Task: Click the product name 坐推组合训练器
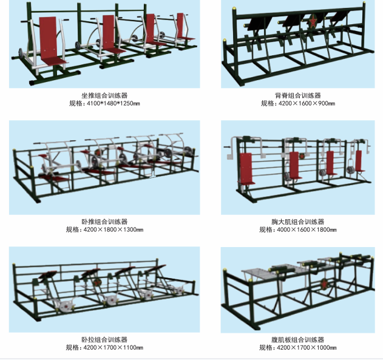click(x=104, y=95)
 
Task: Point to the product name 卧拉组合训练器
click(x=104, y=339)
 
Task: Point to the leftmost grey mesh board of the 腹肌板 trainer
click(x=257, y=274)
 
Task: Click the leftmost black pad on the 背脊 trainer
click(x=255, y=24)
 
